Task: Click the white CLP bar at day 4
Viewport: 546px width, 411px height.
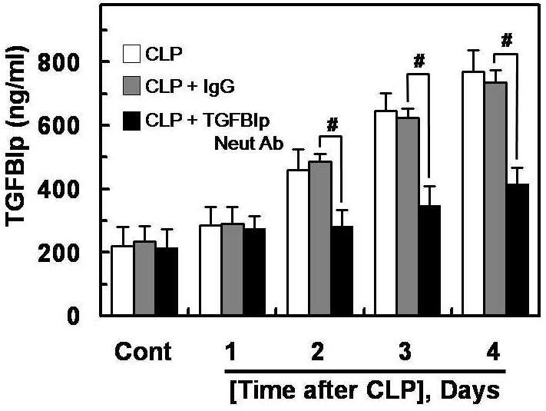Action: coord(473,194)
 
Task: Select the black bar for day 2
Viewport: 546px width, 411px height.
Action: coord(342,270)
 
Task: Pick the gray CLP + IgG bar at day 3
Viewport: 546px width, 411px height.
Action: coord(408,217)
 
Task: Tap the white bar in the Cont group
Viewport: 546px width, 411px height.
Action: coord(123,280)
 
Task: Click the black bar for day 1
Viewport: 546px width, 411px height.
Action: coord(254,272)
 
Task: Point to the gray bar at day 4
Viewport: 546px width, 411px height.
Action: coord(496,198)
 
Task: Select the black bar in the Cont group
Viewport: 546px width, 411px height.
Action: coord(167,281)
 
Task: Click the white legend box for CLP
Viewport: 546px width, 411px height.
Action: coord(131,54)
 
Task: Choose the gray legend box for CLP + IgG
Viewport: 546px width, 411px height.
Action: coord(131,86)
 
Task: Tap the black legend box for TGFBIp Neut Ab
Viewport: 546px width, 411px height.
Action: coord(131,121)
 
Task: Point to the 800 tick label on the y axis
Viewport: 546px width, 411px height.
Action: coord(58,63)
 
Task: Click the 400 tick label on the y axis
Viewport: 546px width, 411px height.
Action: coord(58,190)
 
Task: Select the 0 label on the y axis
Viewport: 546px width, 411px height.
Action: coord(72,317)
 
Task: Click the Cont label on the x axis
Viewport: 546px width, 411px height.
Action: coord(143,351)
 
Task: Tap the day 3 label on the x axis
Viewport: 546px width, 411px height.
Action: coord(404,351)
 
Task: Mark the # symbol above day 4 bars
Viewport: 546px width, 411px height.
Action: coord(507,41)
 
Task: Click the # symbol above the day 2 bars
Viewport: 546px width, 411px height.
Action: coord(333,125)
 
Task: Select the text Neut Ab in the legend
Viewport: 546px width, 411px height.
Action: coord(249,144)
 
